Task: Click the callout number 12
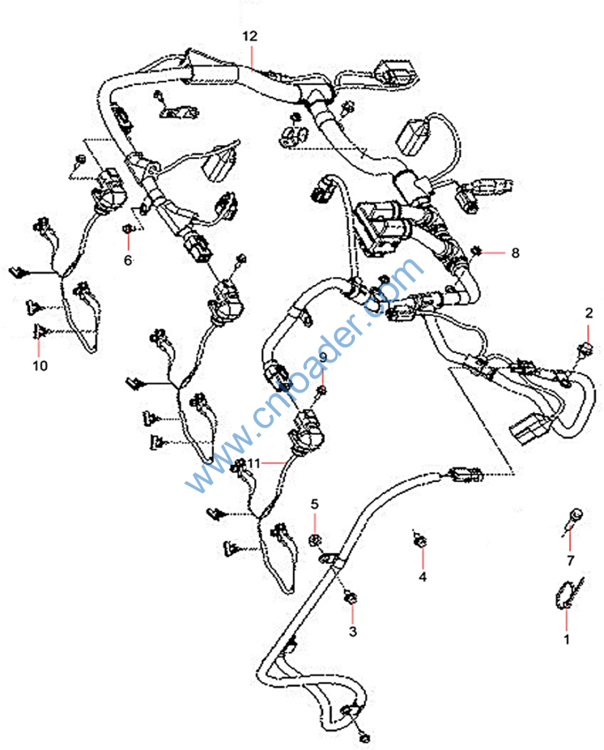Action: pyautogui.click(x=250, y=35)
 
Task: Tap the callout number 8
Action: pyautogui.click(x=515, y=253)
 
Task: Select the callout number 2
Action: pyautogui.click(x=589, y=313)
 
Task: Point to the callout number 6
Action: pyautogui.click(x=128, y=260)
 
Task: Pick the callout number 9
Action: pyautogui.click(x=323, y=357)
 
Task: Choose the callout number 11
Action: pyautogui.click(x=253, y=464)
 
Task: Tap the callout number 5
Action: pyautogui.click(x=316, y=504)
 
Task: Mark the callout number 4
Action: pyautogui.click(x=422, y=576)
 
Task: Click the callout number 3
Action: pyautogui.click(x=353, y=631)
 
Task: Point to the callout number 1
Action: pyautogui.click(x=565, y=639)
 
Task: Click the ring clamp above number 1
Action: pyautogui.click(x=564, y=594)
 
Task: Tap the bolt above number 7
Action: pyautogui.click(x=575, y=516)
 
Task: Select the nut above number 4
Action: pyautogui.click(x=420, y=541)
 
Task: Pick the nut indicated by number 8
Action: pyautogui.click(x=476, y=252)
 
